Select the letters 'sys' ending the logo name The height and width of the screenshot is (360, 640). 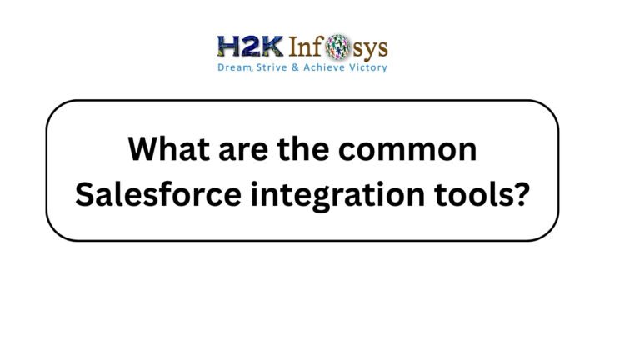(371, 47)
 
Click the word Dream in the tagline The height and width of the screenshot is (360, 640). (233, 67)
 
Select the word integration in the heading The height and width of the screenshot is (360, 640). (326, 195)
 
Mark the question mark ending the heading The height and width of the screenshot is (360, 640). (519, 193)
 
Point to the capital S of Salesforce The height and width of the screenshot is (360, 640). (84, 193)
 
